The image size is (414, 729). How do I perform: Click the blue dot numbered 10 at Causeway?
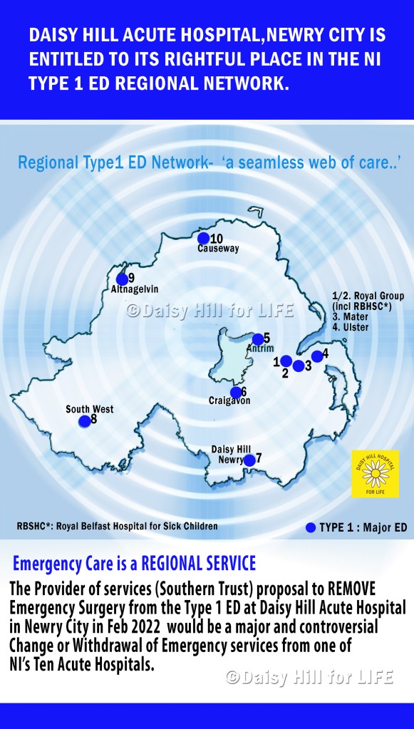[203, 238]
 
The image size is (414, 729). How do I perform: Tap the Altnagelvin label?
[134, 289]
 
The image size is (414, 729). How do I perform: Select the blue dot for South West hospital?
[84, 421]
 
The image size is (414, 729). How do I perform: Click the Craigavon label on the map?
[229, 400]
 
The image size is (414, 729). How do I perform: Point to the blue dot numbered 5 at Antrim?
[258, 339]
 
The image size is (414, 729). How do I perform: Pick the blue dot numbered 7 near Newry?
[249, 460]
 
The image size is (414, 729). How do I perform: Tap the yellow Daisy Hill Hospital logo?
[375, 473]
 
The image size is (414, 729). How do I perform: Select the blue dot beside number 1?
[286, 361]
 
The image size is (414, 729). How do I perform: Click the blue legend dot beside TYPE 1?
[309, 528]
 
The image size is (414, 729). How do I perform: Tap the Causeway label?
[218, 249]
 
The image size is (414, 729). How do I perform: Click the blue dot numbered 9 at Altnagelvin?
[122, 279]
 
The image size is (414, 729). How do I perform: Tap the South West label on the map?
[90, 409]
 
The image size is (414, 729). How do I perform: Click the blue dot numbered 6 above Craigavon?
[236, 391]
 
